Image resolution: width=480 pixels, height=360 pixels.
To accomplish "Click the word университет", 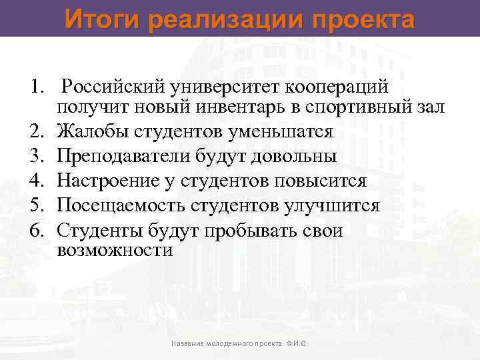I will coord(225,88).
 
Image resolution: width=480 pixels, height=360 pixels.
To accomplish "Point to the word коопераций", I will coord(343,88).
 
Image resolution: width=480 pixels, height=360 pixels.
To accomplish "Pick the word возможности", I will coord(115,251).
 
